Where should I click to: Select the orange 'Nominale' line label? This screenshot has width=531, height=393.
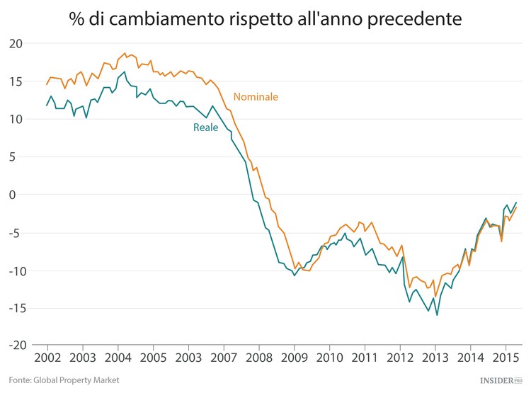(x=256, y=96)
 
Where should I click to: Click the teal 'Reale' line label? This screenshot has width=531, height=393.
(x=205, y=127)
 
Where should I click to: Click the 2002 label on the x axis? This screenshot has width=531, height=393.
(x=47, y=358)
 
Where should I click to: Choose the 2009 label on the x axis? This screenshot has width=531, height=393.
(x=293, y=358)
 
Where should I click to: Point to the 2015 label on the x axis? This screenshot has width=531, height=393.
(x=505, y=358)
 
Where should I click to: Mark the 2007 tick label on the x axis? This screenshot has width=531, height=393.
(x=223, y=358)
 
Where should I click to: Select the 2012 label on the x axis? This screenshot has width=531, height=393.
(x=399, y=358)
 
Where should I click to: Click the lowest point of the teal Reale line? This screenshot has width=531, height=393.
(x=437, y=315)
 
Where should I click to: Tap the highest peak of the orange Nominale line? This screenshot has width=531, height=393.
(x=125, y=53)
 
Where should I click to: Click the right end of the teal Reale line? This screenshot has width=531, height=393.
(x=516, y=203)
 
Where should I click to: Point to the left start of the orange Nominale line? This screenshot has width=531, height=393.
(x=47, y=85)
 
